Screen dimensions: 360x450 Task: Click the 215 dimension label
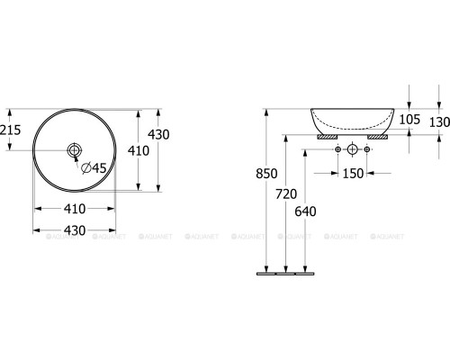click(10, 129)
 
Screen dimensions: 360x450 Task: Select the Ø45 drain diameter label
click(94, 166)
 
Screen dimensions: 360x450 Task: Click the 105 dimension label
click(411, 120)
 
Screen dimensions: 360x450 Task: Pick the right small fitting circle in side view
click(367, 148)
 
